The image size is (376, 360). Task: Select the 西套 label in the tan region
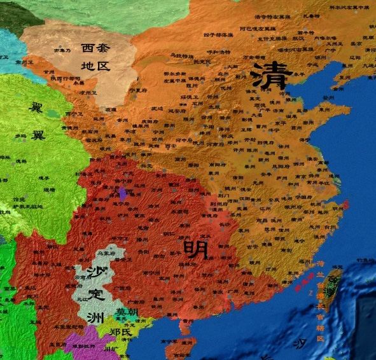click(94, 47)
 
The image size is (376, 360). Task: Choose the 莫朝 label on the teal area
click(126, 312)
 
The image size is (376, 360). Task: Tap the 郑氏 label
click(120, 331)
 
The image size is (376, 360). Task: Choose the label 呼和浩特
click(221, 53)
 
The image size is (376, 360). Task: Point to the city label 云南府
click(80, 278)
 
